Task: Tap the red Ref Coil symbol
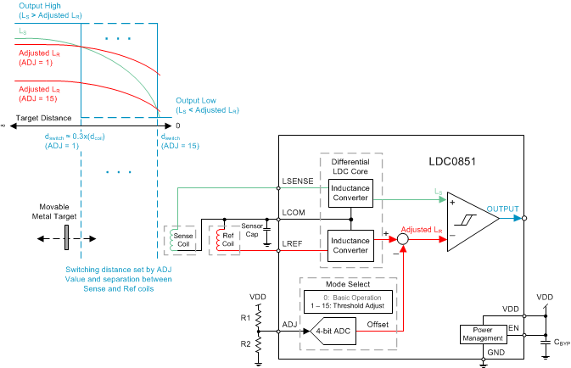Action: (x=223, y=241)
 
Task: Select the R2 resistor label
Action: (x=244, y=344)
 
